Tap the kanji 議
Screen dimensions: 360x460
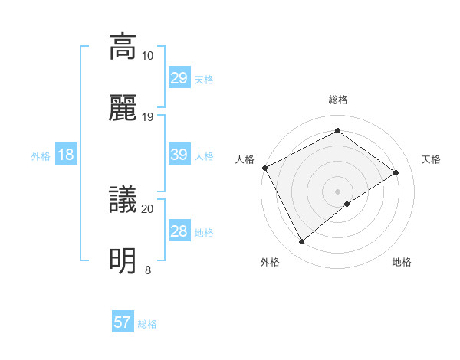click(123, 201)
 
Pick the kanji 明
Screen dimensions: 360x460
click(123, 261)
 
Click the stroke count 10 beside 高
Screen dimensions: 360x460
click(147, 56)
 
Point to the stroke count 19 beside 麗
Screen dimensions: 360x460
click(147, 116)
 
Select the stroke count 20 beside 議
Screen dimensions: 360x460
click(147, 208)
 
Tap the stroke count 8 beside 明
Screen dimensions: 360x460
click(147, 270)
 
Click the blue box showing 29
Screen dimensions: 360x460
click(179, 78)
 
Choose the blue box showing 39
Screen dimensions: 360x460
click(179, 155)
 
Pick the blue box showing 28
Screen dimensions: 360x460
click(179, 231)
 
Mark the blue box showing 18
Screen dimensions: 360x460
click(66, 155)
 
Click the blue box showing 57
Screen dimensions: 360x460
click(123, 322)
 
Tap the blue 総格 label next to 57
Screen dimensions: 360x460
click(147, 324)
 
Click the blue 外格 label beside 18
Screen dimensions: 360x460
click(41, 156)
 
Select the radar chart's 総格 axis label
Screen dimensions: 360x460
click(337, 100)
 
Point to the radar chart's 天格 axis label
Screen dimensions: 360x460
click(431, 159)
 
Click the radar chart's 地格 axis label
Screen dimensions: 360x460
click(402, 263)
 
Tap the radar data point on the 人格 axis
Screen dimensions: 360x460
click(264, 168)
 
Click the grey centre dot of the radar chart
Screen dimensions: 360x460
click(337, 191)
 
